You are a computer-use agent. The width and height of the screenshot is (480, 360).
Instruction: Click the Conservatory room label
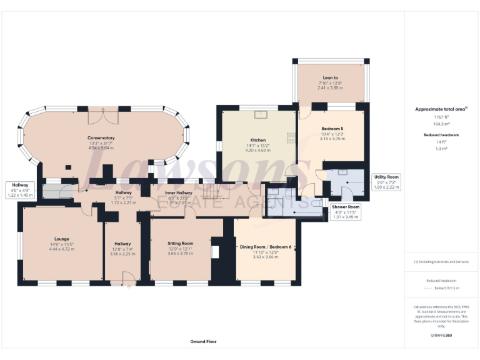pyautogui.click(x=101, y=137)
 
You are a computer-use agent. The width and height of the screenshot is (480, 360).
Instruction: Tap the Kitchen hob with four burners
pyautogui.click(x=291, y=137)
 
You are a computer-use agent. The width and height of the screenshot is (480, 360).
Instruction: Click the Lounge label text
pyautogui.click(x=61, y=238)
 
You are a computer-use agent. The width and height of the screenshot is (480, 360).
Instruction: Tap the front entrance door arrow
pyautogui.click(x=129, y=286)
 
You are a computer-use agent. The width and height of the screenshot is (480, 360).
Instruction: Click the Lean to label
pyautogui.click(x=331, y=77)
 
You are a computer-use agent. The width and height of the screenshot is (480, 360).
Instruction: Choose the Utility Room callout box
pyautogui.click(x=386, y=182)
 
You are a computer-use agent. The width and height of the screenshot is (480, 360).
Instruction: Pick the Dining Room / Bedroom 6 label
pyautogui.click(x=266, y=247)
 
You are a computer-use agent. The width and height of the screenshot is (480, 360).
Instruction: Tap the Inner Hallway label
pyautogui.click(x=179, y=193)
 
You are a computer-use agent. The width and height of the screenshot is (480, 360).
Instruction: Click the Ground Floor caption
pyautogui.click(x=204, y=342)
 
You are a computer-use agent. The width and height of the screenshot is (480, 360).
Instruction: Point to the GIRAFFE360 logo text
pyautogui.click(x=441, y=336)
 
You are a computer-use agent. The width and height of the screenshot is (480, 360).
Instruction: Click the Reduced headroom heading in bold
pyautogui.click(x=441, y=134)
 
